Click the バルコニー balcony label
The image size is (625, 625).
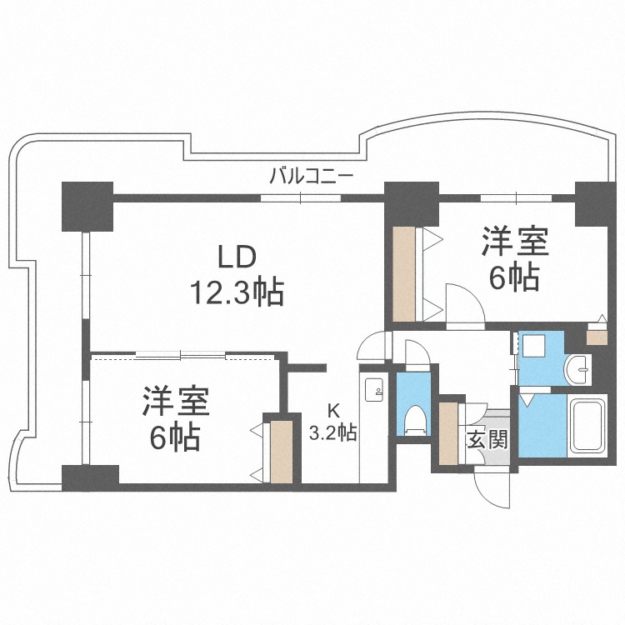(312, 176)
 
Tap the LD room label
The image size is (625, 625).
(236, 257)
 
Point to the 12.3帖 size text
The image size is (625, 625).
(237, 292)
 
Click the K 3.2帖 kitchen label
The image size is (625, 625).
(333, 423)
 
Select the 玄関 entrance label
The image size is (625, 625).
(487, 440)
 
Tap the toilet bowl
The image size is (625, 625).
(414, 421)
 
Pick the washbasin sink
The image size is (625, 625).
(577, 369)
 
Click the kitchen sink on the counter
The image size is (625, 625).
(374, 389)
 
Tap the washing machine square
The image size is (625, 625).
(533, 345)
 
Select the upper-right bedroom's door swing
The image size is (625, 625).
(465, 306)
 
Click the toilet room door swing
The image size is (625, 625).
(417, 352)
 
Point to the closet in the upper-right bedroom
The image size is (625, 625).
(404, 274)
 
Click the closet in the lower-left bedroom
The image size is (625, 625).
(282, 452)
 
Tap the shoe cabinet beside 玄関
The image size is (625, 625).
(448, 433)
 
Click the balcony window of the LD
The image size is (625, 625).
(301, 197)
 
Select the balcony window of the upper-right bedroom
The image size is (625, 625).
(516, 197)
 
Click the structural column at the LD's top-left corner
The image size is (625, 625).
(87, 207)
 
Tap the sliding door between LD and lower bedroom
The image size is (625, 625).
(181, 354)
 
